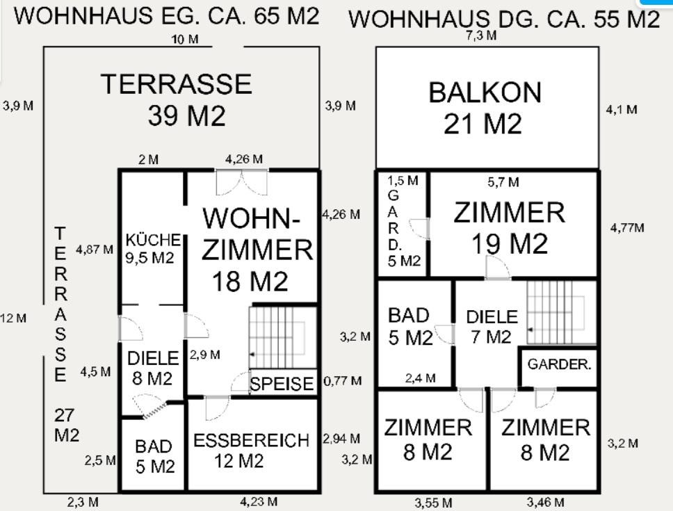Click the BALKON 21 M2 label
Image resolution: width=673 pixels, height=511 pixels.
pos(485,108)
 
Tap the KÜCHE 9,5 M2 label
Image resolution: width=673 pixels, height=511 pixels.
pos(152,249)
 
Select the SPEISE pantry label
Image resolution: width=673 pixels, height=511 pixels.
pos(282,384)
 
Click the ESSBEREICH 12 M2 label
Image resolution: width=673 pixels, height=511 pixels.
pos(251,451)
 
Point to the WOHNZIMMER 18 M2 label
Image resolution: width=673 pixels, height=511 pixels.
pos(257,250)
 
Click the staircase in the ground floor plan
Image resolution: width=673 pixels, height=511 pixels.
pos(283,337)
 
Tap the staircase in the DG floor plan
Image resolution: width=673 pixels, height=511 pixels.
pos(561,312)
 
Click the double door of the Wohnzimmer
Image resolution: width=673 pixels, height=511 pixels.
pos(242,183)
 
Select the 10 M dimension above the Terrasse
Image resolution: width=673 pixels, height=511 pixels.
pos(184,40)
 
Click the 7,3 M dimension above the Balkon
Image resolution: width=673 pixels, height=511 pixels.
pos(481,35)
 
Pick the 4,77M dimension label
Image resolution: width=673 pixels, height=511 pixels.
pos(627,228)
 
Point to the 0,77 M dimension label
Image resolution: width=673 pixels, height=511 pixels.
pos(342,380)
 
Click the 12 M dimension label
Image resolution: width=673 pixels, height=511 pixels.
pos(13,318)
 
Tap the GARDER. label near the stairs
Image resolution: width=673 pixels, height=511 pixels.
pos(559,364)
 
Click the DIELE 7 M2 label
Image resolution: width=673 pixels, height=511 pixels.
pos(492,327)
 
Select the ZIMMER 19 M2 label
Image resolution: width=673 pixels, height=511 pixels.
pos(510,228)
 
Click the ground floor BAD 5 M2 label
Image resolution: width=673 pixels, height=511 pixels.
pos(154,457)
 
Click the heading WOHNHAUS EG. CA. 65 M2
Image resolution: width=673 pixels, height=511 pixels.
pos(166,16)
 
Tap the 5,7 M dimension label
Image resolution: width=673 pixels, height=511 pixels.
pos(503,182)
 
